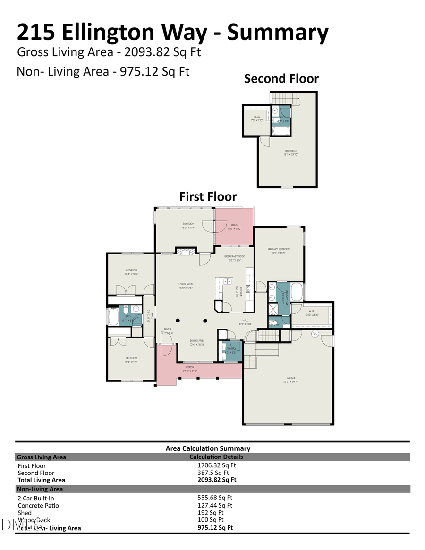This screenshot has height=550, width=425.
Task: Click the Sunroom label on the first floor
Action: tap(188, 225)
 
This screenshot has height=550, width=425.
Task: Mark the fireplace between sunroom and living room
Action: tap(185, 252)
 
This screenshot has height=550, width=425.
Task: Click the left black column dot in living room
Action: tap(178, 319)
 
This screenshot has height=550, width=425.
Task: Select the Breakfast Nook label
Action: tap(235, 257)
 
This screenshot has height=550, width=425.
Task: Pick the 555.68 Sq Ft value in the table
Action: tap(215, 498)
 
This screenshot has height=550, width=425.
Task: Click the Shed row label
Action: tap(25, 513)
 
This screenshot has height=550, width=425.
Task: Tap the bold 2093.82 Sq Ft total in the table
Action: tap(217, 480)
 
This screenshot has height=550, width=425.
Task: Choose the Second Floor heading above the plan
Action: tap(281, 78)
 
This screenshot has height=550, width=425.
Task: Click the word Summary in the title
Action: tap(278, 33)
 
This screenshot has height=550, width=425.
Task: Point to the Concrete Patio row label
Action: tap(38, 505)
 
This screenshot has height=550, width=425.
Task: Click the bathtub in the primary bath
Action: tap(297, 292)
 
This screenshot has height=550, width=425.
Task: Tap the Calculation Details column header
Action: tap(216, 457)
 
